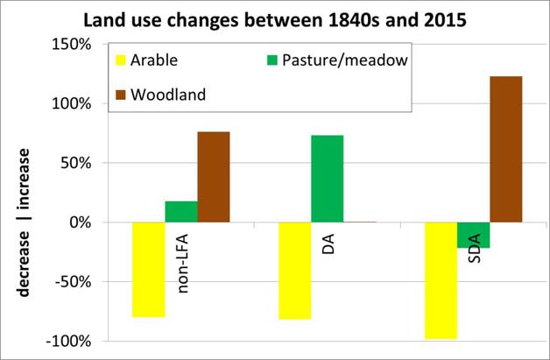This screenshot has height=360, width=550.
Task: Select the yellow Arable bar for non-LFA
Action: point(148,269)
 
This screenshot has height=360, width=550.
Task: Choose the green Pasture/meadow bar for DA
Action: point(328,179)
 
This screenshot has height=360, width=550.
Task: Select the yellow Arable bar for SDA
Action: point(441,279)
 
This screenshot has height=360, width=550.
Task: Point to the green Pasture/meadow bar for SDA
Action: point(474,235)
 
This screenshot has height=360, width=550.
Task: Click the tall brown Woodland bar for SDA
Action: point(506,149)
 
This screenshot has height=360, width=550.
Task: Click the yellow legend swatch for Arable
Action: point(121,60)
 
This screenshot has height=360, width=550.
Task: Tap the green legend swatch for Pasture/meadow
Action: point(271,60)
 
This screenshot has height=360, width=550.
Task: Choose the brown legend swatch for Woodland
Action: point(121,95)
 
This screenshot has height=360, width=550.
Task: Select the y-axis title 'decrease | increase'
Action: point(25,222)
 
